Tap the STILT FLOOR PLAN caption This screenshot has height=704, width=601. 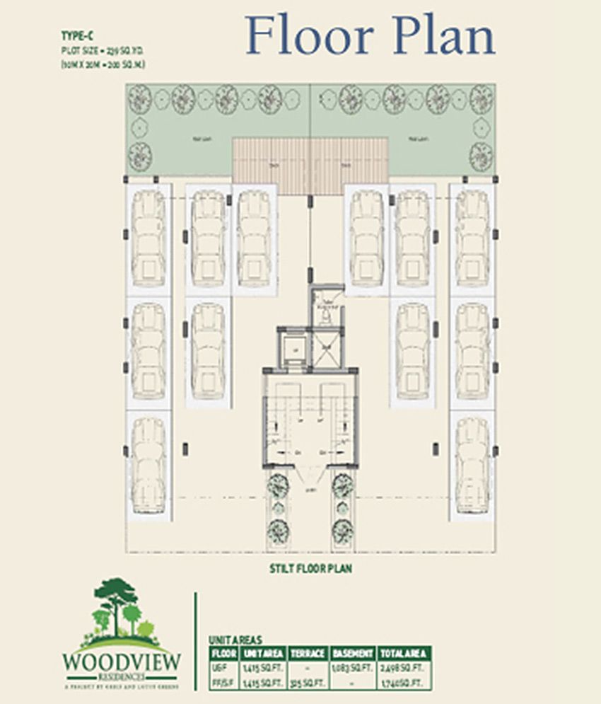(x=310, y=567)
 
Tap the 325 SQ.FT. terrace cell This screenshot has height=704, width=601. (x=307, y=683)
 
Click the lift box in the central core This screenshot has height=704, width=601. (x=292, y=348)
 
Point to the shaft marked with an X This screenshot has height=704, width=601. (x=326, y=347)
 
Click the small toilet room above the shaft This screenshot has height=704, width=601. (x=325, y=306)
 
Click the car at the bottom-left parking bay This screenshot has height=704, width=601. (x=148, y=464)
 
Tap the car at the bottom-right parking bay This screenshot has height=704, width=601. (x=472, y=464)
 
